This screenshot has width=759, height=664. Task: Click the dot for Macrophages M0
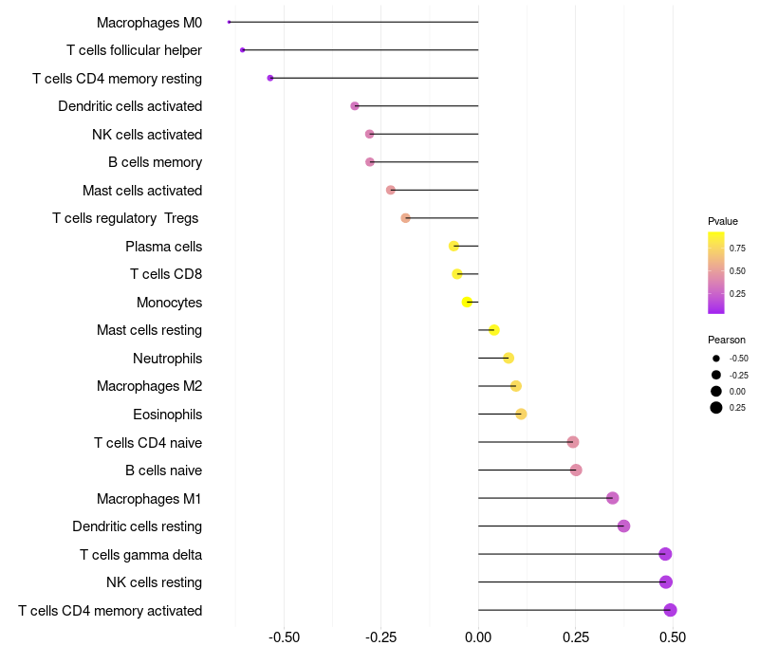pos(229,22)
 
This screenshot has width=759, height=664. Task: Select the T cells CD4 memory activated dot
pos(670,610)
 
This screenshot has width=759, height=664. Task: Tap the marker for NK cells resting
pos(666,582)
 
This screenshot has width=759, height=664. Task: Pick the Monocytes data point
pos(467,303)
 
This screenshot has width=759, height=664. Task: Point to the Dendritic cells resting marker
pos(623,526)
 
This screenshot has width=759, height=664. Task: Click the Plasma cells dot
pos(454,247)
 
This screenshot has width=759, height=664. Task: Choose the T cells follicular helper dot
pos(243,50)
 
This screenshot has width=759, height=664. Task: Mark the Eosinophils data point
pos(521,415)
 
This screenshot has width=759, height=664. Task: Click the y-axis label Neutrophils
pos(167,359)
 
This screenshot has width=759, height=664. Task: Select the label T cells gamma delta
pos(140,555)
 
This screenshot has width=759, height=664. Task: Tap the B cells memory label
pos(155,162)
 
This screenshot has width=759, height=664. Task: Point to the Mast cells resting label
pos(149,330)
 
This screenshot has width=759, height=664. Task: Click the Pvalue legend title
pos(723,221)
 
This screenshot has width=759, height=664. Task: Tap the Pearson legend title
pos(726,340)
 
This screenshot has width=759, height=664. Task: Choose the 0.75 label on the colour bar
pos(737,249)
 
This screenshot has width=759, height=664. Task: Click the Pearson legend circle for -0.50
pos(716,359)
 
